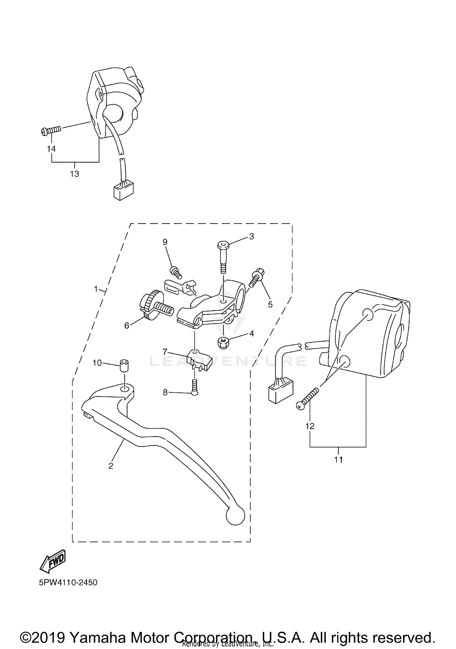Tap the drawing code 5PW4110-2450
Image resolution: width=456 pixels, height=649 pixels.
point(68,582)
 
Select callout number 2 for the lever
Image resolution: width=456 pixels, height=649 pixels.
point(111,466)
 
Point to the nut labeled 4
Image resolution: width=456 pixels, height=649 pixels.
point(224,343)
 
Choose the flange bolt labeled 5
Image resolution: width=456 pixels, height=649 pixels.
point(257,278)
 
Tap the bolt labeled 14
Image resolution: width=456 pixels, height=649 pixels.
point(51,131)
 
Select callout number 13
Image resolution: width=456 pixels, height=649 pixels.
point(74,174)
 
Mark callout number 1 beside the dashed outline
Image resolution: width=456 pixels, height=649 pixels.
point(96,289)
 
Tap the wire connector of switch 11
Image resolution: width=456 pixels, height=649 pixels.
point(281,393)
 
